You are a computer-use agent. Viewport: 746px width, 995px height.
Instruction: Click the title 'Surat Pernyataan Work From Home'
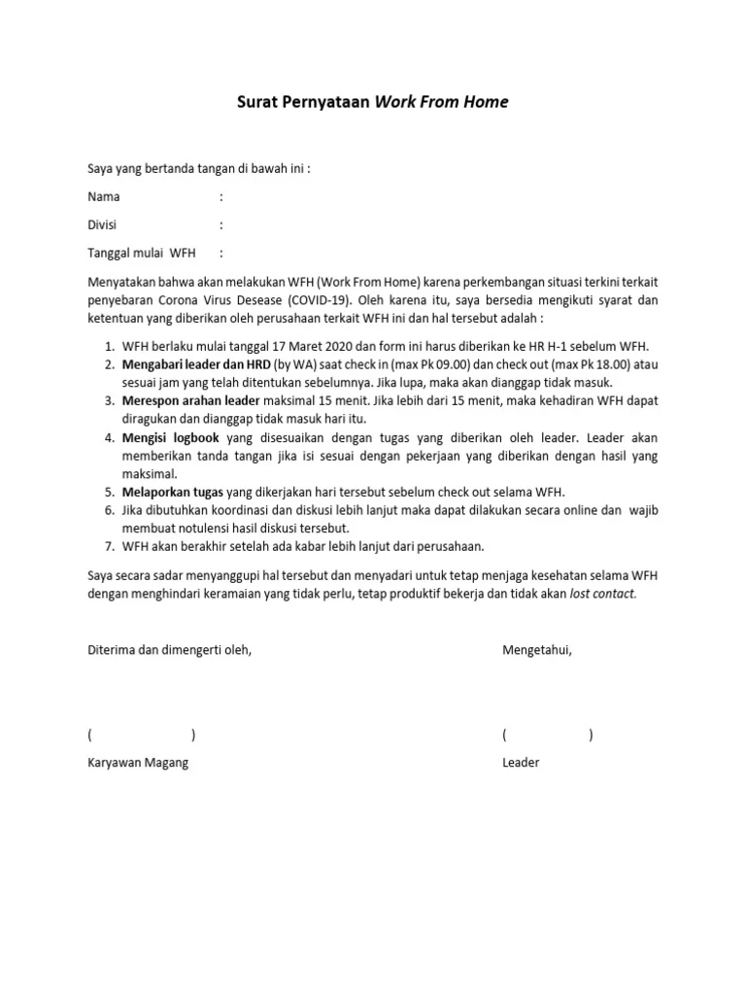(373, 102)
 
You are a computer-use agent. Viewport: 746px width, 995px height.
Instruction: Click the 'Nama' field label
(104, 196)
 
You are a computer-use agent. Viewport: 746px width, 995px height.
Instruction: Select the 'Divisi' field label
(102, 224)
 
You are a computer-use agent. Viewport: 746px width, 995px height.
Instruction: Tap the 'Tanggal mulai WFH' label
(142, 253)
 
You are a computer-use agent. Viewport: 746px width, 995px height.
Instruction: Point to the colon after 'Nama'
(221, 196)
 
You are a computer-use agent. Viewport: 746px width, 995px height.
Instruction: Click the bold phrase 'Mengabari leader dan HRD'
(196, 364)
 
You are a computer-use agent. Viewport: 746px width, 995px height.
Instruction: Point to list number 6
(109, 509)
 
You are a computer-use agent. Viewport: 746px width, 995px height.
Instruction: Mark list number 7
(109, 546)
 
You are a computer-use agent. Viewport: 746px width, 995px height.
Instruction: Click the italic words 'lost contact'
(602, 593)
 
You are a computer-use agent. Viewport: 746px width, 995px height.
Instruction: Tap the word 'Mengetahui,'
(537, 649)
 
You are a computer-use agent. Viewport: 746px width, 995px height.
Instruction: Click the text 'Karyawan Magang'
(138, 763)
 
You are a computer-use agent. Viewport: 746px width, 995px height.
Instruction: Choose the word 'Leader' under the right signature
(521, 763)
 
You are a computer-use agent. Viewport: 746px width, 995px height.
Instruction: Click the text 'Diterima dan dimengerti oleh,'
(170, 649)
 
